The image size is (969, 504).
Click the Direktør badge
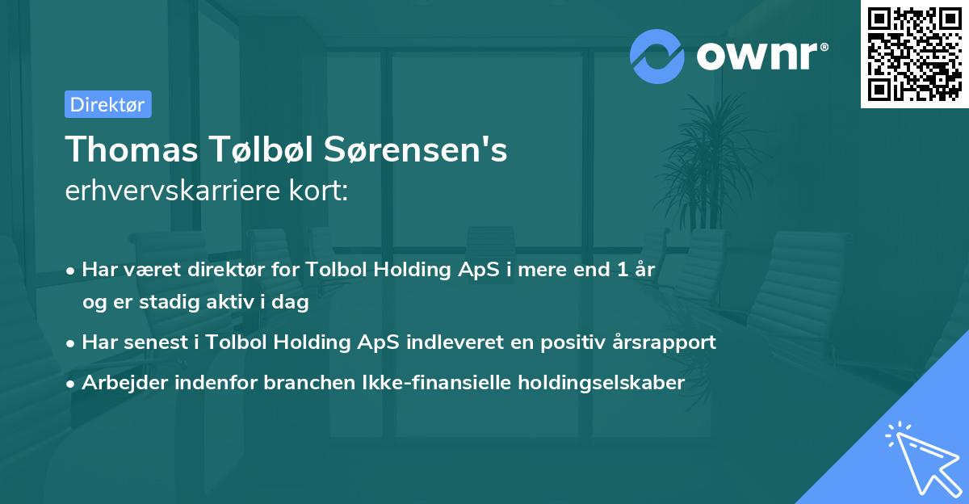tap(107, 104)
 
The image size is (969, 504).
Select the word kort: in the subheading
tap(321, 191)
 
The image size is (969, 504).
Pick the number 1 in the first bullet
tap(621, 270)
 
